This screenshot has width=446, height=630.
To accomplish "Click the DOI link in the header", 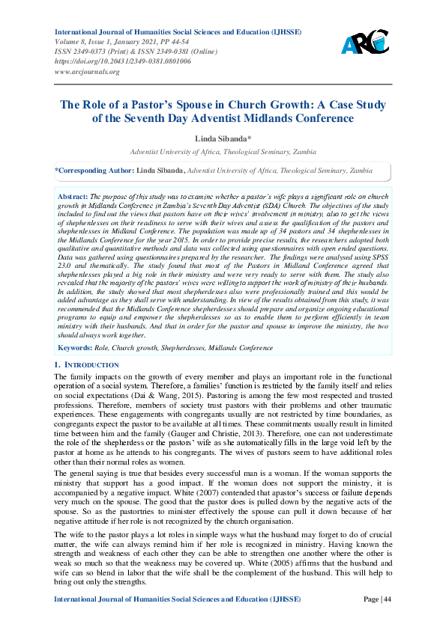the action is [x=122, y=61].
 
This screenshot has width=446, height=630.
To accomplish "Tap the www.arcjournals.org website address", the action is [x=87, y=72].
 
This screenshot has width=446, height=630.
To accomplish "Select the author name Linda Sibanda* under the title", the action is [x=223, y=138].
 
